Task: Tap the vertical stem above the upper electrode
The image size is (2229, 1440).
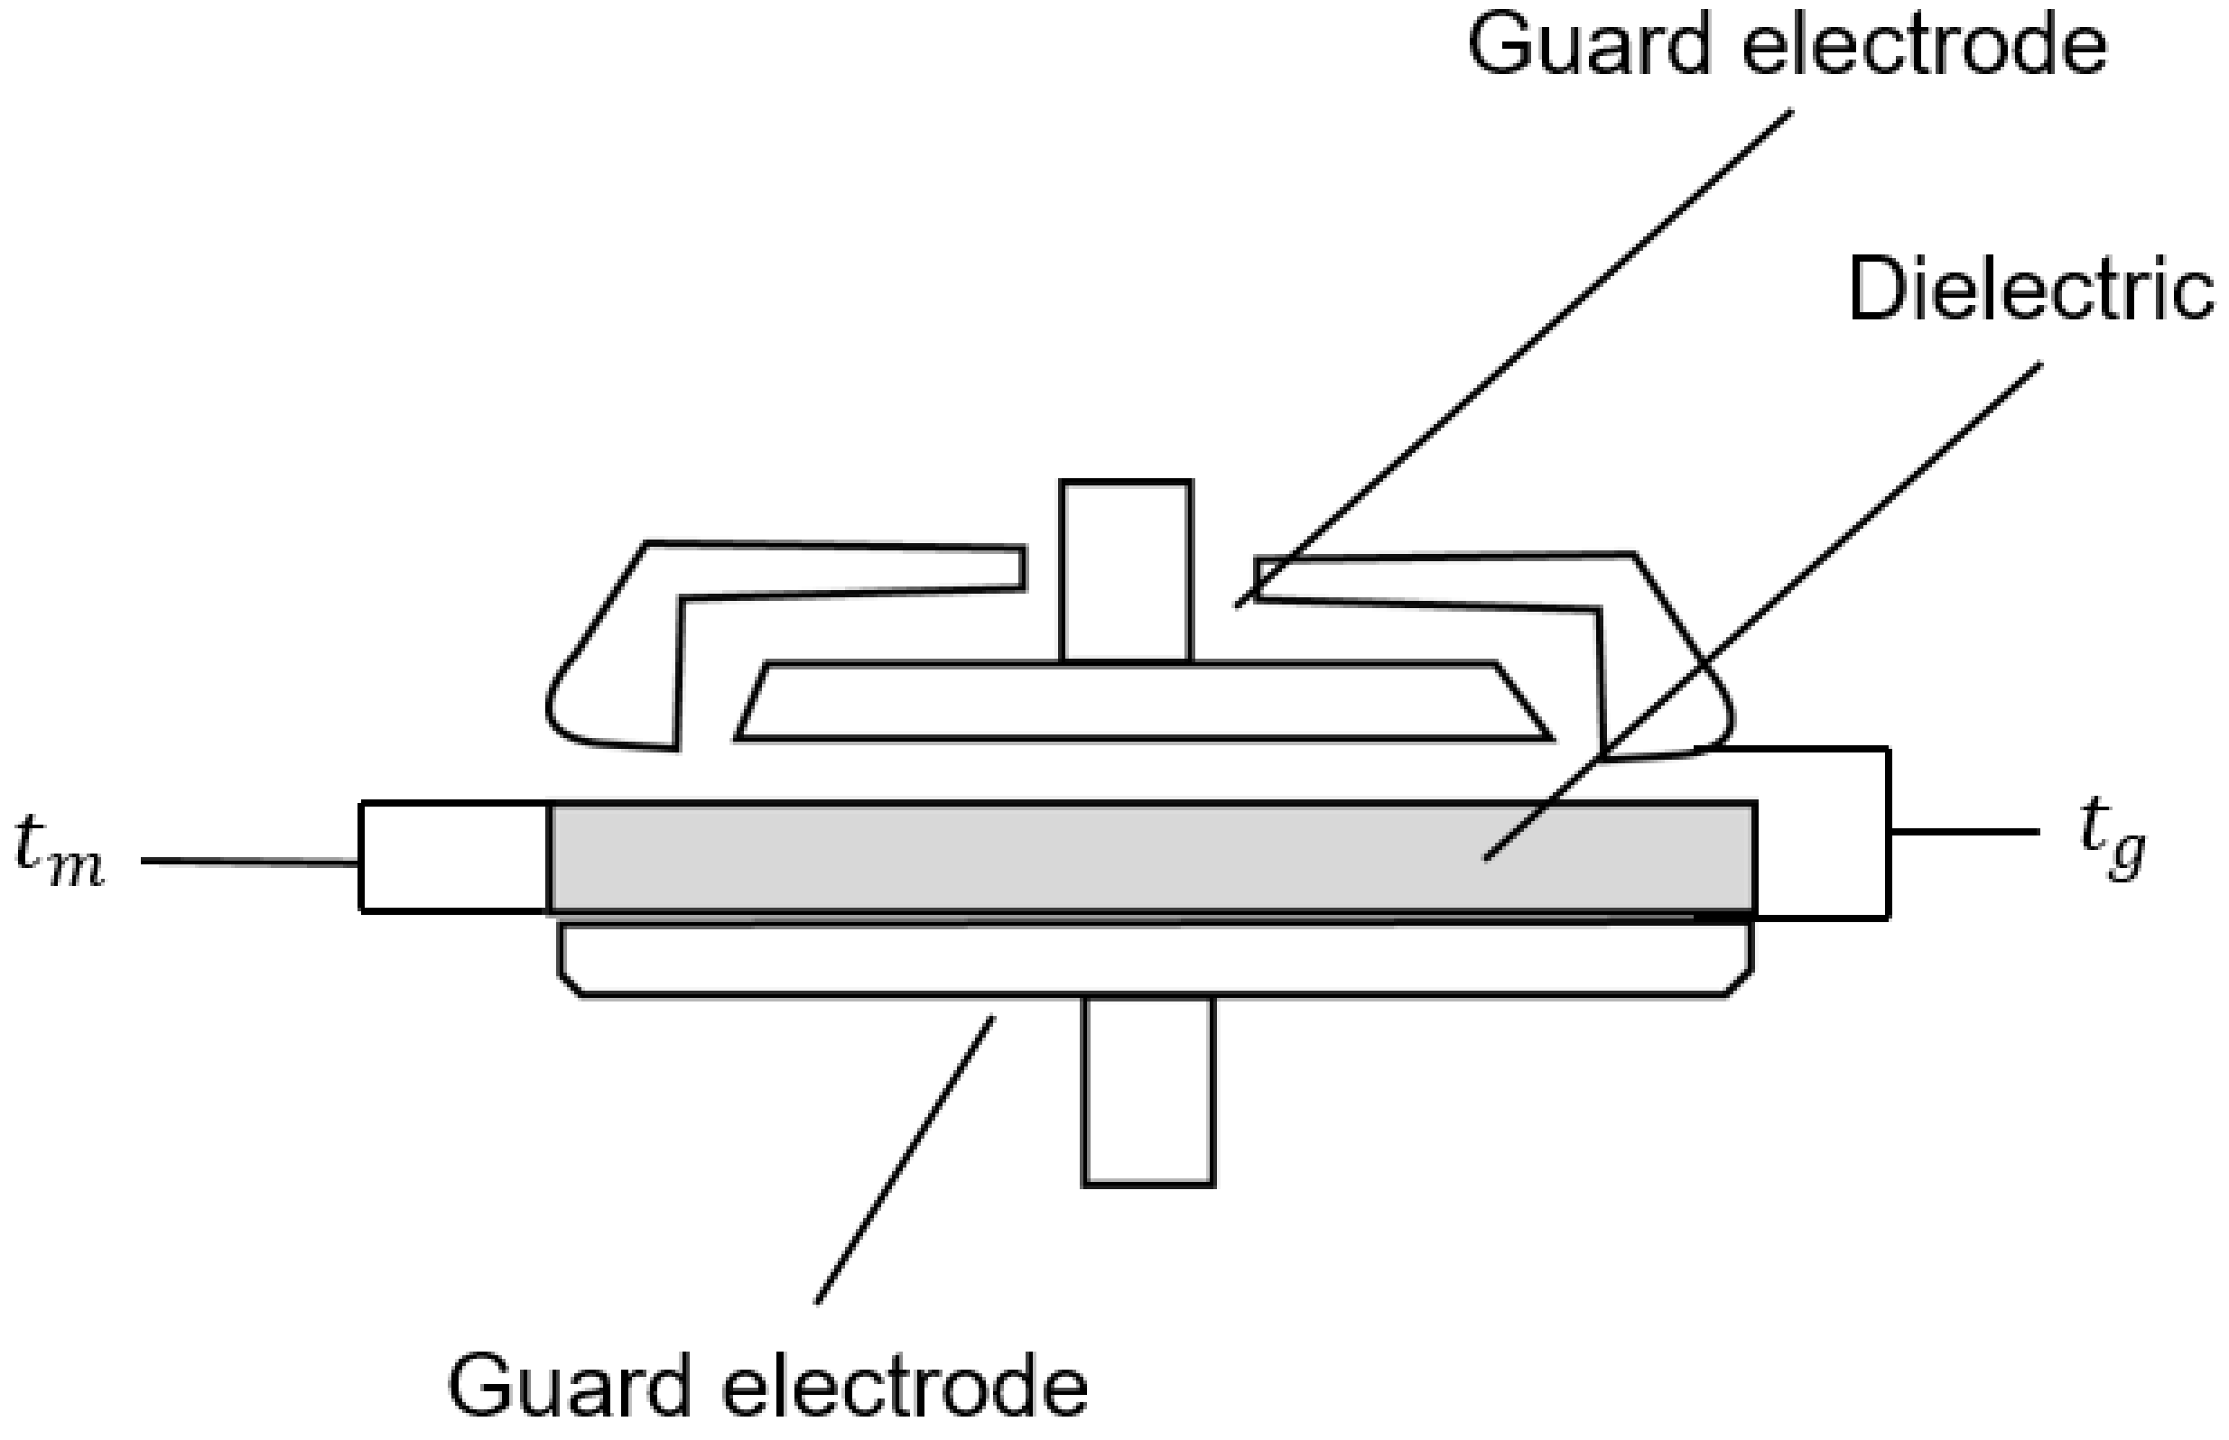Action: [x=1125, y=570]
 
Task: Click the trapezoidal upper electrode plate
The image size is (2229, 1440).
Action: [x=1141, y=701]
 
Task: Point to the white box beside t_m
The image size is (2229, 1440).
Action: [x=454, y=855]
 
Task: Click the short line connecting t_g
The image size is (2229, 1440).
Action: [x=1964, y=831]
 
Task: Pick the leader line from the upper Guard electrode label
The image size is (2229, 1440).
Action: [x=1515, y=355]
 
